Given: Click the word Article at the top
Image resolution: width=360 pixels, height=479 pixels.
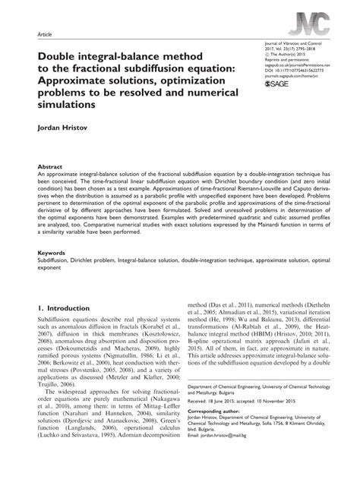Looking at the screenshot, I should click(x=45, y=34).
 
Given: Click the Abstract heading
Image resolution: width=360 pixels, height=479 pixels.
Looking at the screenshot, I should click(x=50, y=165).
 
